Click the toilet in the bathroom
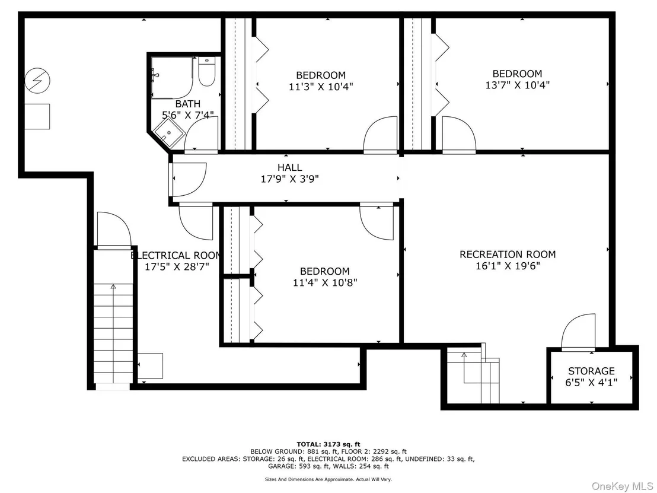(206, 72)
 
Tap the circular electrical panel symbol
(37, 81)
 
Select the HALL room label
(289, 167)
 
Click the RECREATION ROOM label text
(508, 254)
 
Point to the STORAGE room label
(591, 371)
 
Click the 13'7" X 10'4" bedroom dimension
(518, 85)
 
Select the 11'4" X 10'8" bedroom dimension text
(325, 282)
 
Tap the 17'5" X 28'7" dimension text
(177, 266)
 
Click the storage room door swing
(578, 331)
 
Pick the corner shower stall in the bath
(169, 133)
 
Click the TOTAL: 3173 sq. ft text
(328, 444)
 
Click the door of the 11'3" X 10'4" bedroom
(381, 134)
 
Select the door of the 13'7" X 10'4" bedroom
(459, 134)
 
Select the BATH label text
(188, 104)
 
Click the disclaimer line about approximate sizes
(328, 479)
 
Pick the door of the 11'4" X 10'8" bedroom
(377, 222)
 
